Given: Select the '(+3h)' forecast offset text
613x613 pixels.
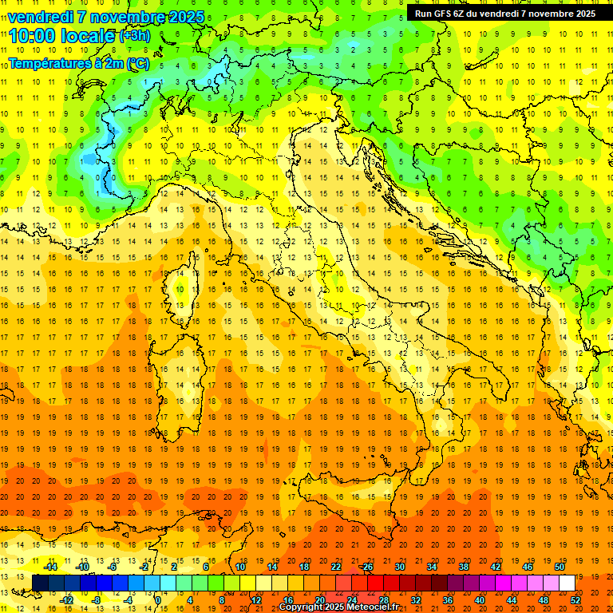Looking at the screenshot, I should [133, 36].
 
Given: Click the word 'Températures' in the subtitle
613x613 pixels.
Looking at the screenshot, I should [50, 64].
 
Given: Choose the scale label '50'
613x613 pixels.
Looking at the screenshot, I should [560, 567].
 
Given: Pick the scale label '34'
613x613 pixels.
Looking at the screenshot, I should [432, 567].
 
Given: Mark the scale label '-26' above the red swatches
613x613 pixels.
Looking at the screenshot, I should [366, 567].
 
